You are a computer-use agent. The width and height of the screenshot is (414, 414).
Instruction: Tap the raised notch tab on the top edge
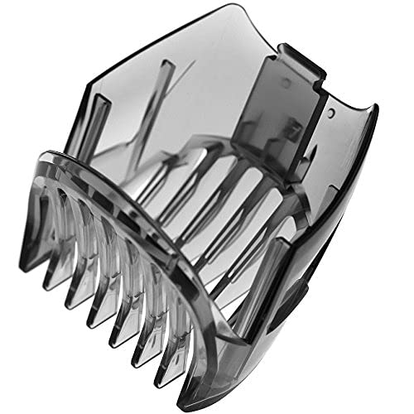tap(298, 58)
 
